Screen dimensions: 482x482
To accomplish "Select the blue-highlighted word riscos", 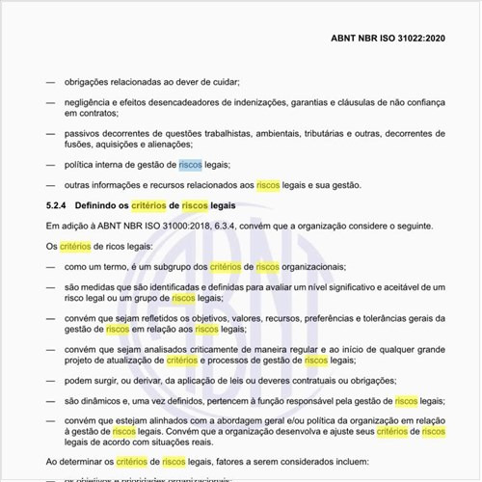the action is [191, 165].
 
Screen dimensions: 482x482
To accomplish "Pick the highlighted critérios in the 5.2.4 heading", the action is [149, 205].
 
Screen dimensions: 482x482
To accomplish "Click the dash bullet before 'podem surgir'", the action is [50, 380].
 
